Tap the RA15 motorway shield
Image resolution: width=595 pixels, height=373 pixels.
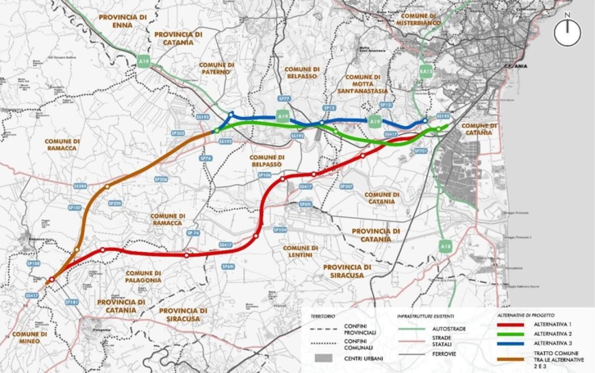tap(426, 70)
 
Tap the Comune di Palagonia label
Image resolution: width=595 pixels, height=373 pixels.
tap(143, 276)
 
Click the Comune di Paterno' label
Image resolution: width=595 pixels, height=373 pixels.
tap(216, 68)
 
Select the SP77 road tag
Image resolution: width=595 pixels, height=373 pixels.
tap(284, 99)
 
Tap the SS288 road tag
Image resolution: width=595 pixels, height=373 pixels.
tap(80, 186)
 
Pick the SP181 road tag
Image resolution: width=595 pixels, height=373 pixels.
tap(72, 302)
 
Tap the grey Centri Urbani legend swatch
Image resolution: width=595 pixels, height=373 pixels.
tap(323, 357)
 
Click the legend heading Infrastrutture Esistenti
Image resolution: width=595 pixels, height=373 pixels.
tap(425, 315)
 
